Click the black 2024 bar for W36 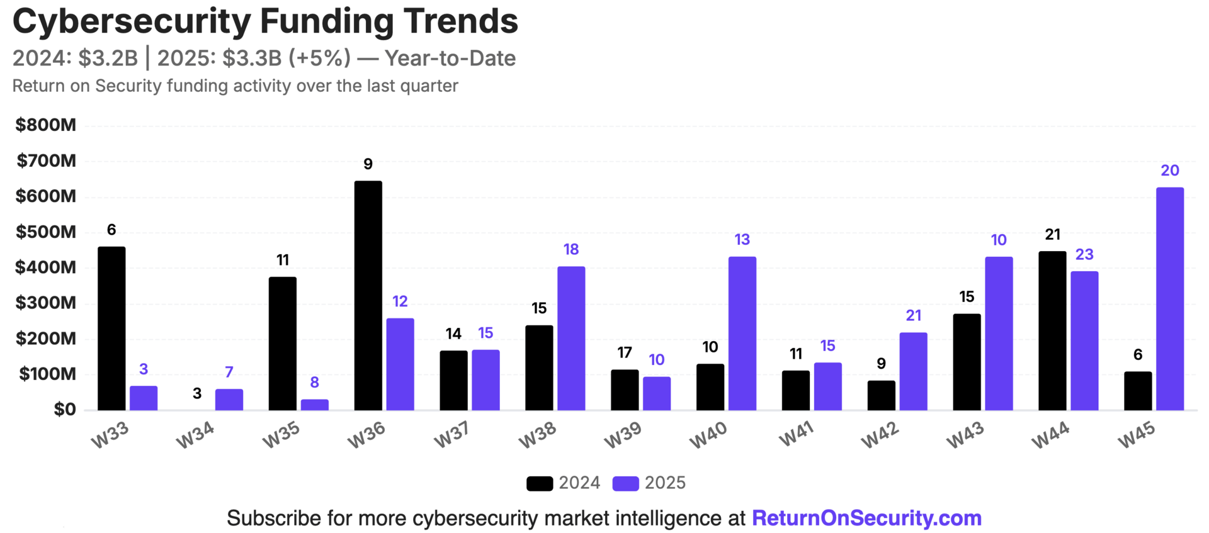click(x=368, y=296)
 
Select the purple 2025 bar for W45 click(x=1169, y=299)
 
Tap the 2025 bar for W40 click(x=742, y=334)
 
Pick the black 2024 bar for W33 click(x=111, y=328)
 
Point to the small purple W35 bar click(x=314, y=405)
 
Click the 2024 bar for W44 click(x=1052, y=331)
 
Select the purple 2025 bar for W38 click(x=570, y=339)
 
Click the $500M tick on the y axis click(x=45, y=232)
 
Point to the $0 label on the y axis click(x=64, y=410)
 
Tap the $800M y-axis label click(x=45, y=125)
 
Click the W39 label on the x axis click(x=622, y=435)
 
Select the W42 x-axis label click(x=879, y=435)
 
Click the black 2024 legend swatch click(x=540, y=483)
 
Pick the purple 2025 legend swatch click(x=625, y=483)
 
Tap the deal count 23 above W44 click(x=1084, y=254)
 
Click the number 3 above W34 click(x=197, y=393)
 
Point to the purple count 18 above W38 click(x=570, y=249)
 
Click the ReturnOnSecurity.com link click(x=866, y=518)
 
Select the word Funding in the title click(x=327, y=21)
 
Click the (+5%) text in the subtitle click(x=319, y=58)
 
